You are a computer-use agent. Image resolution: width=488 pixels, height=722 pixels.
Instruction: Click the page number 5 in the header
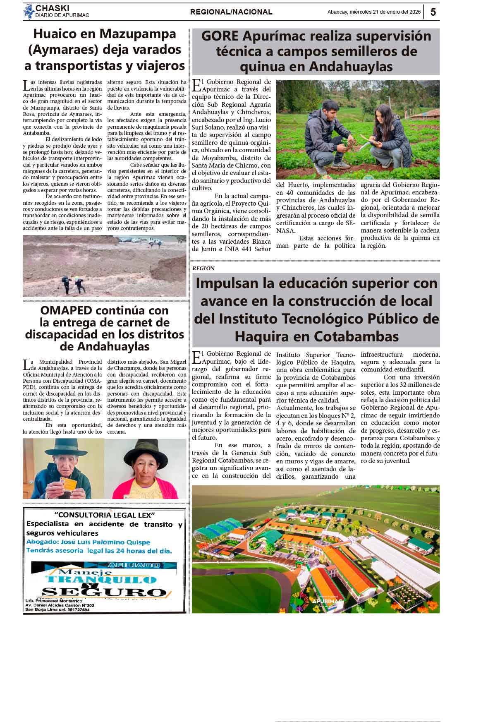(433, 12)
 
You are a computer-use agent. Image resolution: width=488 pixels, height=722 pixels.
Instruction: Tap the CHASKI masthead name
(53, 8)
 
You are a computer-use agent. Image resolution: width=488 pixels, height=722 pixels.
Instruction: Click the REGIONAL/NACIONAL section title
(231, 12)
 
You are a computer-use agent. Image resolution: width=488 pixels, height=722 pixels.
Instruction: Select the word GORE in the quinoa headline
(220, 36)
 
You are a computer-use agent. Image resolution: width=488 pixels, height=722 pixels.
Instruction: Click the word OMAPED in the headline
(67, 310)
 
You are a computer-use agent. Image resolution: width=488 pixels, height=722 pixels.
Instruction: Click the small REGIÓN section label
(203, 268)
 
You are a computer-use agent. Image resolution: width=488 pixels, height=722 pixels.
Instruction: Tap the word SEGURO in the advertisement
(104, 592)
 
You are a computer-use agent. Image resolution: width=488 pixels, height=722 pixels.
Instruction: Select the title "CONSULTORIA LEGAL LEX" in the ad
(104, 515)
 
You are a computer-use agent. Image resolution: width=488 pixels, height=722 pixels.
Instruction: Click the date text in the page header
(374, 12)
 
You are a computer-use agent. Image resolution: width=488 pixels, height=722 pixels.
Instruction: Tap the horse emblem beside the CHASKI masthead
(29, 12)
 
